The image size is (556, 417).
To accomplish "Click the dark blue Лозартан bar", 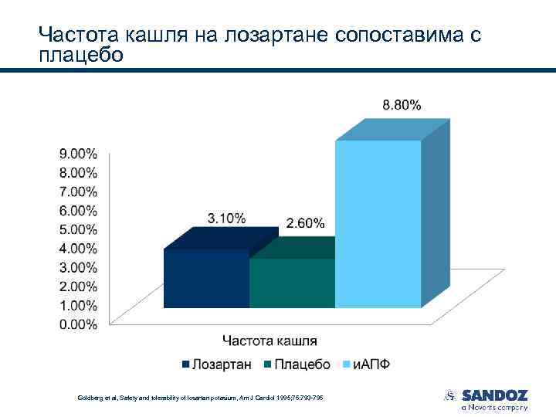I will coord(206,278).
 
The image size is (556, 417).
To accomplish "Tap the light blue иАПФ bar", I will coord(378,224).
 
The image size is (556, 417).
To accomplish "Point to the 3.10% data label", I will coord(226,219).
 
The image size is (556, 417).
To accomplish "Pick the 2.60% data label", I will coord(305,223).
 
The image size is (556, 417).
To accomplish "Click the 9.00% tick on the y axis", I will coord(79,153).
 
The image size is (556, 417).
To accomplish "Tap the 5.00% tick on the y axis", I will coord(79,229).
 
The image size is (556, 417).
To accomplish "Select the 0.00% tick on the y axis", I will coord(79,325).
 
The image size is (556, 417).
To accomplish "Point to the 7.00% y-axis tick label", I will coord(79,191).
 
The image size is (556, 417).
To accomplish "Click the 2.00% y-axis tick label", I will coord(79,286).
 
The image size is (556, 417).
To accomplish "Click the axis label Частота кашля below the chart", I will coord(270,341).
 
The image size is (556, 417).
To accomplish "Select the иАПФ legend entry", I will coord(370,364).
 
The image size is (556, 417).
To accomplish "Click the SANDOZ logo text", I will coord(495,395).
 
